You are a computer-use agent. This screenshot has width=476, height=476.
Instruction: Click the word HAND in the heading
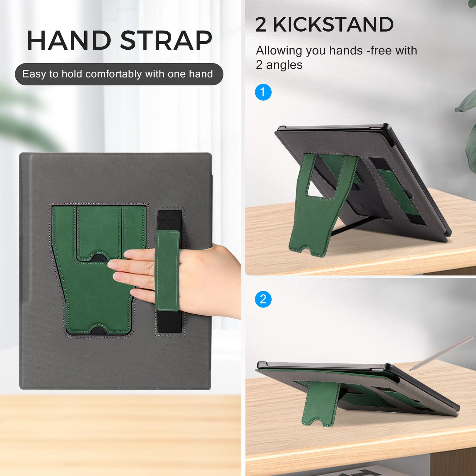(69, 40)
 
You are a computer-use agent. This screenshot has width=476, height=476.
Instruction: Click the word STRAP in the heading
(166, 40)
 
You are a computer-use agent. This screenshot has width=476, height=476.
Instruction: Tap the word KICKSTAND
(333, 24)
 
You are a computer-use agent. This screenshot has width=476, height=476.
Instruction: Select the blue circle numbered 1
(263, 92)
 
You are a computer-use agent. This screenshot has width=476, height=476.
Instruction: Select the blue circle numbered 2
(263, 300)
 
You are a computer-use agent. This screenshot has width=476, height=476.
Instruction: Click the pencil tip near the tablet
(410, 370)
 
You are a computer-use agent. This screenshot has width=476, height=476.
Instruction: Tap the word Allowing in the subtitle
(279, 51)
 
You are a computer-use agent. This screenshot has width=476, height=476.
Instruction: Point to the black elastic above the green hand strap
(170, 220)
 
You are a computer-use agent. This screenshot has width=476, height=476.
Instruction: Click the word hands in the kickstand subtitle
(346, 51)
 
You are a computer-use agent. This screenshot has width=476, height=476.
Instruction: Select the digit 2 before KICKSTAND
(261, 25)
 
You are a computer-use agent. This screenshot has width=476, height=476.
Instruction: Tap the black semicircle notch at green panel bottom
(99, 330)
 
